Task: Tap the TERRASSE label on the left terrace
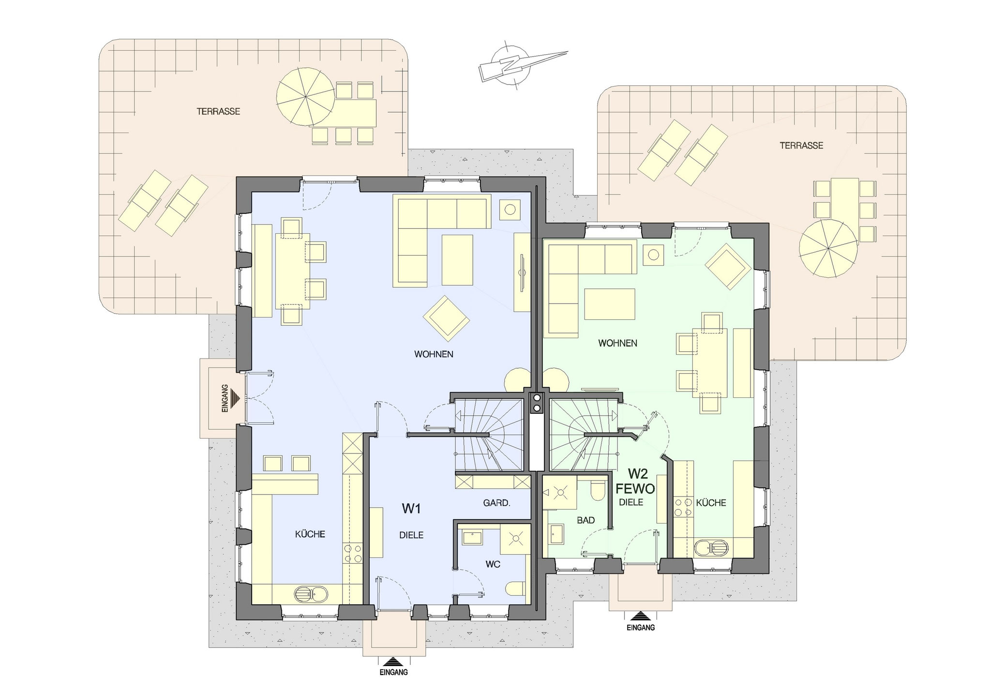click(218, 111)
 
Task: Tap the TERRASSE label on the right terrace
click(801, 145)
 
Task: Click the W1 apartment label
click(411, 509)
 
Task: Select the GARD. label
click(497, 503)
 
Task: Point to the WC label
click(493, 564)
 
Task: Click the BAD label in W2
click(586, 521)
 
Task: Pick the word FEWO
click(635, 489)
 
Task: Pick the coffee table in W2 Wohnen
click(609, 304)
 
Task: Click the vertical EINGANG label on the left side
click(225, 398)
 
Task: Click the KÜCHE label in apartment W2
click(711, 503)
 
